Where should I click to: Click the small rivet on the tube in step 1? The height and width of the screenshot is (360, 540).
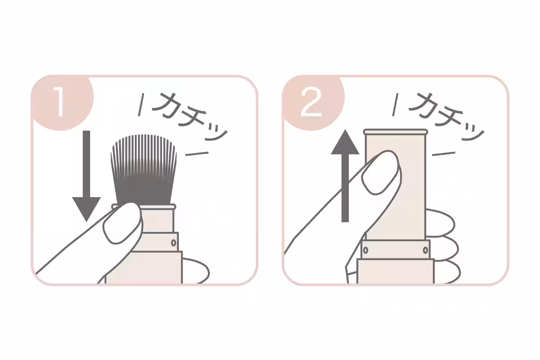point(173,243)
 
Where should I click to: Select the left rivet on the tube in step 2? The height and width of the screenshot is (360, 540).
point(365,249)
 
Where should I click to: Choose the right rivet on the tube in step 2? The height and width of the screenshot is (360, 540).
point(425,249)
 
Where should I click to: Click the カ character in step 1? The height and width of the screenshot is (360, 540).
point(167,106)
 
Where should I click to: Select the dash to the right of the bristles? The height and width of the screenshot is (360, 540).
point(197,153)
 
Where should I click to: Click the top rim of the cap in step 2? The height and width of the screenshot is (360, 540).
point(395,132)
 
